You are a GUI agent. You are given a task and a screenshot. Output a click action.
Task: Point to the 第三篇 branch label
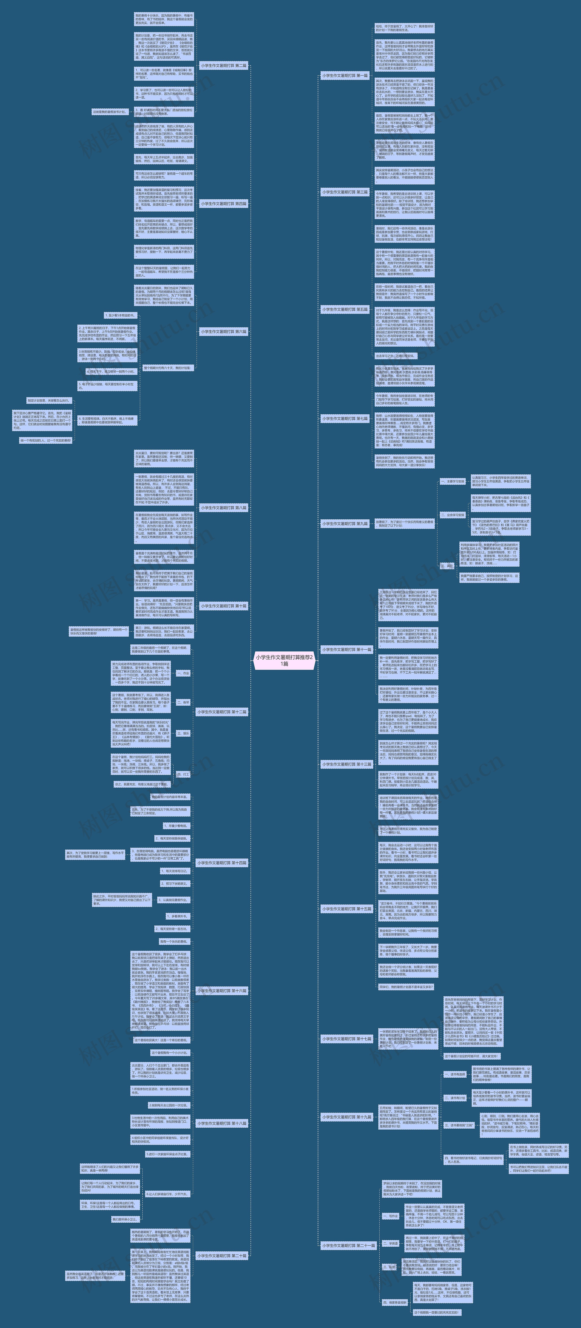(x=345, y=192)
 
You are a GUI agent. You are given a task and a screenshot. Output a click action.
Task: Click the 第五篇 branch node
(x=345, y=309)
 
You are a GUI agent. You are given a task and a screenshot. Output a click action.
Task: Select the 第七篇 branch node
(x=345, y=419)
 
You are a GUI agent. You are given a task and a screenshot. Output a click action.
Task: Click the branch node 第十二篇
(x=222, y=712)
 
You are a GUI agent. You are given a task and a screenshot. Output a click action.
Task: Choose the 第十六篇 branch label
(x=222, y=991)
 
